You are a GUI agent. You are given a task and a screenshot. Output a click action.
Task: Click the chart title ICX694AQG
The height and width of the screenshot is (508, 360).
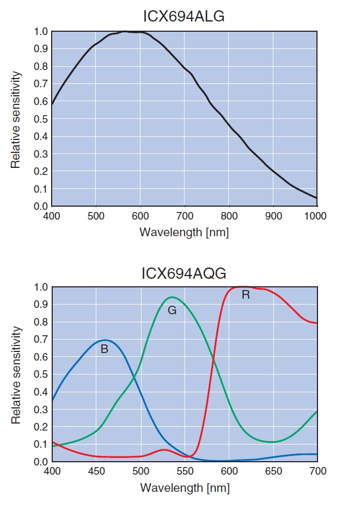[184, 273]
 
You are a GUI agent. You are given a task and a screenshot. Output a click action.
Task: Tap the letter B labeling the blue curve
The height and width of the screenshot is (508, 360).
[104, 349]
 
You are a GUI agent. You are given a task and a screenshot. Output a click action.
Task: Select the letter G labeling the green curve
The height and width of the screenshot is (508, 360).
[172, 311]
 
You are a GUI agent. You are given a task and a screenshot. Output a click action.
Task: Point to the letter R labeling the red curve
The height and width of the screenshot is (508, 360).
[246, 295]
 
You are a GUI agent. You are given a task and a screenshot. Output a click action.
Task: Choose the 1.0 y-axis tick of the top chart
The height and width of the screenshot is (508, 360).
[40, 31]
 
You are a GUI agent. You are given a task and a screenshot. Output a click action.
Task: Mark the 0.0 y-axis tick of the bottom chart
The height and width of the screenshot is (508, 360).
[40, 462]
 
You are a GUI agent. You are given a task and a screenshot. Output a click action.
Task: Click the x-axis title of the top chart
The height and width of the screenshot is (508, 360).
[184, 232]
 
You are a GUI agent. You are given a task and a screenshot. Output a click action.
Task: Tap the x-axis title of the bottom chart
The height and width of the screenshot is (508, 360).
[184, 488]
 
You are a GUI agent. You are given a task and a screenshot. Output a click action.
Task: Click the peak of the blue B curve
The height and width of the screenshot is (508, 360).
[105, 340]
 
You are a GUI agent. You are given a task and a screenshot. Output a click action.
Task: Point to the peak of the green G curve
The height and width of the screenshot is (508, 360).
[172, 297]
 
